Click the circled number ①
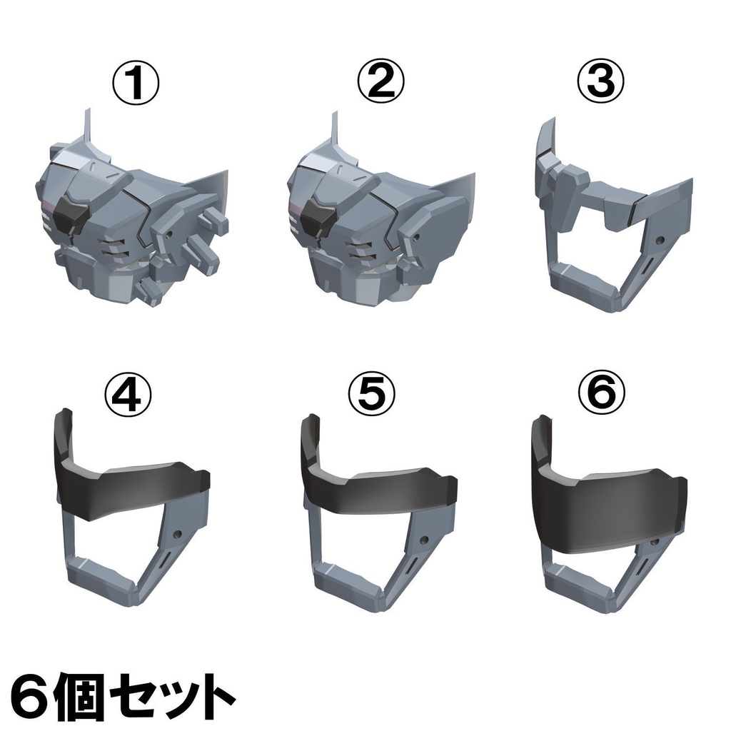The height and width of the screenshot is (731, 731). click(x=135, y=85)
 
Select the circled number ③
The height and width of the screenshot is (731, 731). click(x=599, y=85)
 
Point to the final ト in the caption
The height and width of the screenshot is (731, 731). click(x=214, y=691)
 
